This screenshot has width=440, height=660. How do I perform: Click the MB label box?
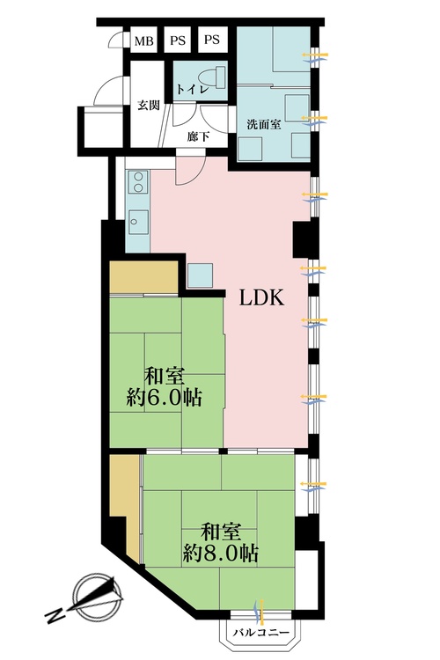coord(143,40)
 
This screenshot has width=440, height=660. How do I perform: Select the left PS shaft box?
coord(178,40)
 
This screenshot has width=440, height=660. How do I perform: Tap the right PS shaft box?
coord(212,40)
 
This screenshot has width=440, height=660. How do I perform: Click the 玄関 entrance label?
coord(148,106)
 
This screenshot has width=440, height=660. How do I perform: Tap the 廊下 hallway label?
coord(198,137)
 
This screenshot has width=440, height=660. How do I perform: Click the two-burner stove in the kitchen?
coord(138,183)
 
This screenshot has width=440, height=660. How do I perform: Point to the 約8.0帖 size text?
coord(221,554)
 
